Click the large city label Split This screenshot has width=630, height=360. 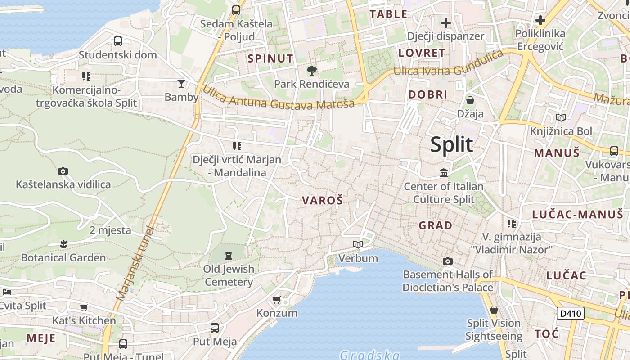point(451,145)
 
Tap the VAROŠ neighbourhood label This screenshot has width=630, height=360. point(322,201)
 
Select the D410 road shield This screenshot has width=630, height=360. point(570,313)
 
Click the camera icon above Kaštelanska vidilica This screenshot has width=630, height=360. point(63,171)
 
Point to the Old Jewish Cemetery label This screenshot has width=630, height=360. point(229,275)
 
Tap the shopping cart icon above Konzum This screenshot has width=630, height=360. point(277,300)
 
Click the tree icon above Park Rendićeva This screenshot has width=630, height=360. point(311,71)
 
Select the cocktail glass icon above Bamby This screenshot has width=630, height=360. point(181,83)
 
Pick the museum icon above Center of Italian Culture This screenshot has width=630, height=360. point(444,173)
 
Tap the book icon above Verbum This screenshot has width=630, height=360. point(358,244)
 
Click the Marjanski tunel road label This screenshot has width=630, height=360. point(135,263)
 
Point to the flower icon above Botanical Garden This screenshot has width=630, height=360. point(63,244)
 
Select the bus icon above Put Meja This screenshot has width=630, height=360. point(215,328)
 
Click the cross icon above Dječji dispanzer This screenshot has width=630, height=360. point(446,22)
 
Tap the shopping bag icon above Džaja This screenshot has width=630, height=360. point(470,100)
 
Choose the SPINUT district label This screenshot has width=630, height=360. point(270,58)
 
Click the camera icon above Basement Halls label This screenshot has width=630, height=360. point(447,261)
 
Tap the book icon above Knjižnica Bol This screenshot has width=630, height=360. point(561,118)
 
